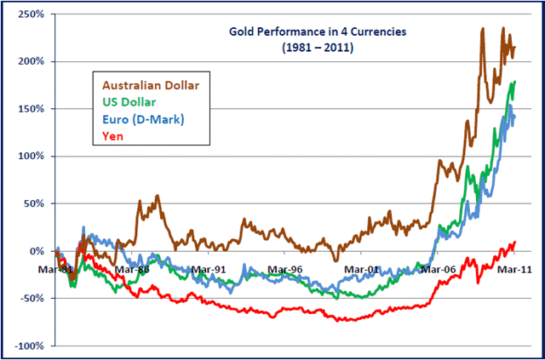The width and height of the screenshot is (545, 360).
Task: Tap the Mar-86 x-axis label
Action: (x=132, y=269)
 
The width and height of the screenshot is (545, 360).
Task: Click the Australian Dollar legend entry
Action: (x=152, y=85)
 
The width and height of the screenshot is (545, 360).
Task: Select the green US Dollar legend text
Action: (x=131, y=102)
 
